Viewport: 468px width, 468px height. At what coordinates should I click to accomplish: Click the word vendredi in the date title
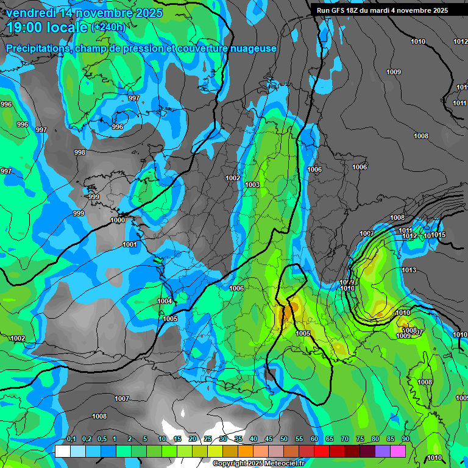31,12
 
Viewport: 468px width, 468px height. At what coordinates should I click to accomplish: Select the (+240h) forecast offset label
108,27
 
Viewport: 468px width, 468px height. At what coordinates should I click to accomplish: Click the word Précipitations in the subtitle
38,48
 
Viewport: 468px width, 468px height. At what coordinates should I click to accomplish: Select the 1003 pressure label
252,185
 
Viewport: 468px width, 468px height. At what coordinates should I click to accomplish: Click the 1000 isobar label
118,220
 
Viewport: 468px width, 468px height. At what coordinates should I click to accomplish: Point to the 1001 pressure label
129,244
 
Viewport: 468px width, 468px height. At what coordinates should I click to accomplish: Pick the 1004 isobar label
165,301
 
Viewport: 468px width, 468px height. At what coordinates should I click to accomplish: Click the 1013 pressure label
408,270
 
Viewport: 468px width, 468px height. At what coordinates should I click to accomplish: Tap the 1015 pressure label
439,235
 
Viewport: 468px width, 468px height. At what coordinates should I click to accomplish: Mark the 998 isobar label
80,152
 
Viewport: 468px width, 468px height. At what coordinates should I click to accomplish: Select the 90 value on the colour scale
405,439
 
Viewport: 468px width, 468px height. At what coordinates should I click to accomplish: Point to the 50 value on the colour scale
284,439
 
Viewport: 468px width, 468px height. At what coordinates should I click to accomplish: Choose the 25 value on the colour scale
208,439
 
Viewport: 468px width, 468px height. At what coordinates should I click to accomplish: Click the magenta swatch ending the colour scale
398,451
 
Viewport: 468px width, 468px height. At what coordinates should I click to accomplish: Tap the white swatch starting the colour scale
62,451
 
